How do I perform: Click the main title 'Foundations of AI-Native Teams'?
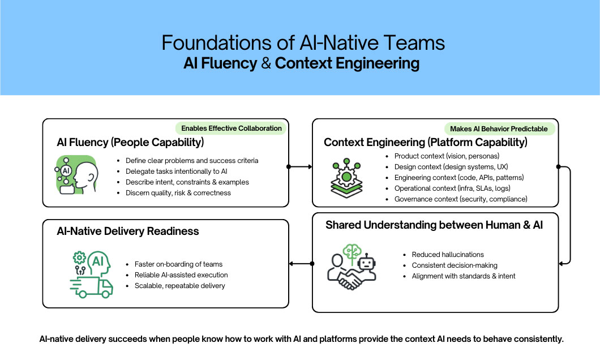303,43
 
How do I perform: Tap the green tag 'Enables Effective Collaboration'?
231,128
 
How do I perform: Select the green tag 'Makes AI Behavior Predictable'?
499,128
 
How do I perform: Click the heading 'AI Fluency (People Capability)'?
130,142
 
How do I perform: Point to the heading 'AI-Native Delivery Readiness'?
127,231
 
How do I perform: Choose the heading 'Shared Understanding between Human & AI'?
434,225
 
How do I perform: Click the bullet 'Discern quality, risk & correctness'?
178,192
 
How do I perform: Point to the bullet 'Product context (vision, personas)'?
447,156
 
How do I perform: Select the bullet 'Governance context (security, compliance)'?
461,199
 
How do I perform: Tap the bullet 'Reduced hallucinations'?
448,255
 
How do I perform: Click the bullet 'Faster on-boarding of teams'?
178,264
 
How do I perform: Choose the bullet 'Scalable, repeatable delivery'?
179,285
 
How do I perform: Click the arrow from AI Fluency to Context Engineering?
300,166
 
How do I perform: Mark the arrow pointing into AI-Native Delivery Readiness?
300,263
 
